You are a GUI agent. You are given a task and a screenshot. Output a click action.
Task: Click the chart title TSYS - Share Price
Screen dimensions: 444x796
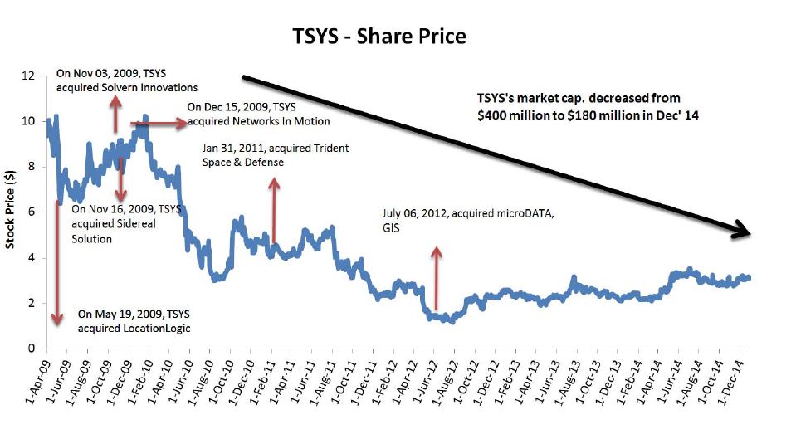click(378, 37)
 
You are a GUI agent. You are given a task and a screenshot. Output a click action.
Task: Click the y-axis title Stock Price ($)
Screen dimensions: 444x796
click(11, 211)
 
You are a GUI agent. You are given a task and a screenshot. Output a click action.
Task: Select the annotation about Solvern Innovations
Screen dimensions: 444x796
click(126, 81)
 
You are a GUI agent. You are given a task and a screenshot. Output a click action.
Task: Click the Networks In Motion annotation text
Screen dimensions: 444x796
click(258, 115)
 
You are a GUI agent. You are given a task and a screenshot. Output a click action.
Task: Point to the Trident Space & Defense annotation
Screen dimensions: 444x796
click(275, 155)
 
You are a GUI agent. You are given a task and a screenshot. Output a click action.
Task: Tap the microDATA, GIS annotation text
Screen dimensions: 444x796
click(467, 220)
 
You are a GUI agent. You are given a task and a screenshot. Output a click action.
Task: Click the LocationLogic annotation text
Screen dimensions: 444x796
click(134, 321)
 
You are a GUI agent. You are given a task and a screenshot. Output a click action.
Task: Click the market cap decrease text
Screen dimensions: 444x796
click(588, 107)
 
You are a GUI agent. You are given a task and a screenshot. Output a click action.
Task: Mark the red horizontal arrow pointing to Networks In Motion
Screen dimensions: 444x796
click(159, 124)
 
